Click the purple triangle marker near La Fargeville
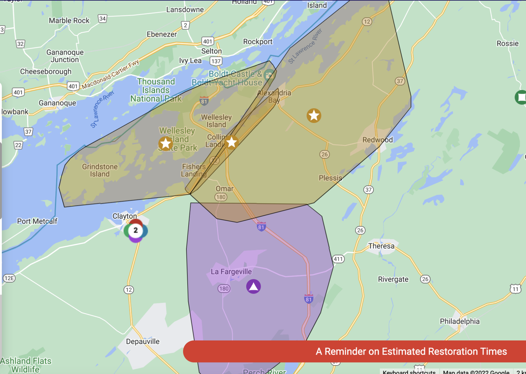click(253, 287)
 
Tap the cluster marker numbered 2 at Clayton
click(136, 230)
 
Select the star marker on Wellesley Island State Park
click(165, 143)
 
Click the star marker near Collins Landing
click(231, 142)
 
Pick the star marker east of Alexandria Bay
click(314, 116)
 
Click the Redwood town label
click(377, 140)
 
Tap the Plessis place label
click(330, 178)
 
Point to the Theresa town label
click(381, 246)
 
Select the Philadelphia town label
click(459, 321)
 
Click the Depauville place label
click(143, 341)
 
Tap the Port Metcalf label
click(37, 221)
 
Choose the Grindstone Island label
click(100, 170)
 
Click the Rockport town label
click(258, 42)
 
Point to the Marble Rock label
click(69, 21)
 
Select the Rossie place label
click(508, 43)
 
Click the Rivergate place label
click(393, 279)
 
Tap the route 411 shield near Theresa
click(338, 259)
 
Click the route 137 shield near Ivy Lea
click(216, 61)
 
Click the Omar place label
click(224, 189)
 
